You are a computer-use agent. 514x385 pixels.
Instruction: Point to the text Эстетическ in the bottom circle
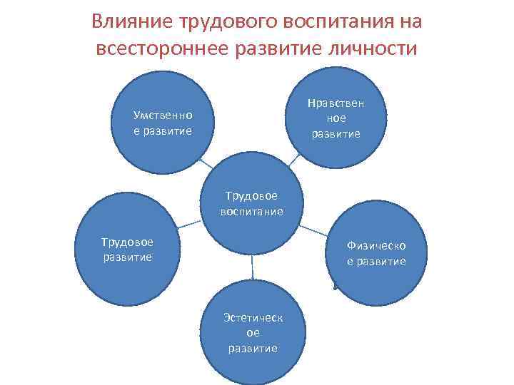coord(252,317)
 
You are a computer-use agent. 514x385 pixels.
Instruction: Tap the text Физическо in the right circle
coord(377,245)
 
